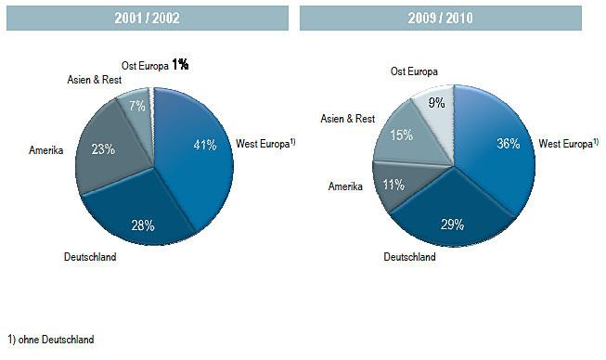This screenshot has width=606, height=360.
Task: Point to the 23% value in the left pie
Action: [x=103, y=148]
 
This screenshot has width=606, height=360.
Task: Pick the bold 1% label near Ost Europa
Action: [x=179, y=65]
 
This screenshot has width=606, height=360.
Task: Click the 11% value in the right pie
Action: [x=393, y=185]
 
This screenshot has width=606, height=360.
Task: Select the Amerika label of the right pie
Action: [x=345, y=186]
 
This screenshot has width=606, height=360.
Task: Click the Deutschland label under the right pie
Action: [x=408, y=257]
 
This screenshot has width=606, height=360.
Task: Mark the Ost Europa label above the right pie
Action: [x=415, y=71]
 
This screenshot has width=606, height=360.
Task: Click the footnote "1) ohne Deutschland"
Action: [x=50, y=340]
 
